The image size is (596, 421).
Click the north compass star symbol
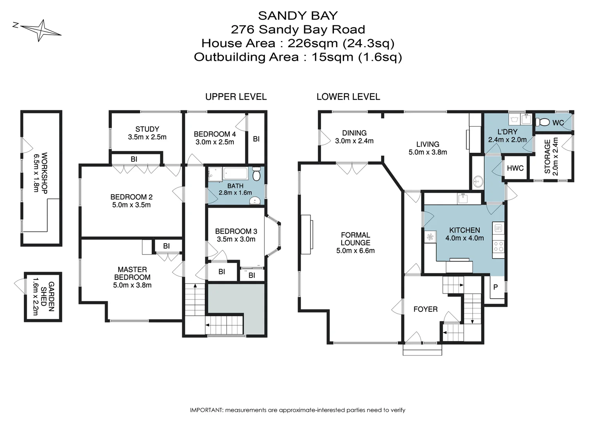pyautogui.click(x=41, y=30)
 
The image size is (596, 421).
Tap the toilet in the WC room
pyautogui.click(x=542, y=122)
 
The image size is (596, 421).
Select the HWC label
pyautogui.click(x=515, y=168)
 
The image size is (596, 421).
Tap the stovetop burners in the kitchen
pyautogui.click(x=498, y=246)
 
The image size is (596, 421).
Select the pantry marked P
pyautogui.click(x=495, y=287)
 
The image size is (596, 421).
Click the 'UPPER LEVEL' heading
pyautogui.click(x=236, y=97)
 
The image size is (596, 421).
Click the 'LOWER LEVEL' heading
pyautogui.click(x=348, y=97)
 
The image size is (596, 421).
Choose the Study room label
pyautogui.click(x=147, y=129)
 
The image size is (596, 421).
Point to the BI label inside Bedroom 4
pyautogui.click(x=256, y=139)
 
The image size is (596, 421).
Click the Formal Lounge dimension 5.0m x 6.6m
pyautogui.click(x=355, y=251)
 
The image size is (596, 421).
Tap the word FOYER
pyautogui.click(x=425, y=309)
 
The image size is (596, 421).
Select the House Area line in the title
pyautogui.click(x=298, y=43)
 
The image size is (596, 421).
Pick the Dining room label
pyautogui.click(x=354, y=133)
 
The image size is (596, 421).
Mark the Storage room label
pyautogui.click(x=548, y=156)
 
